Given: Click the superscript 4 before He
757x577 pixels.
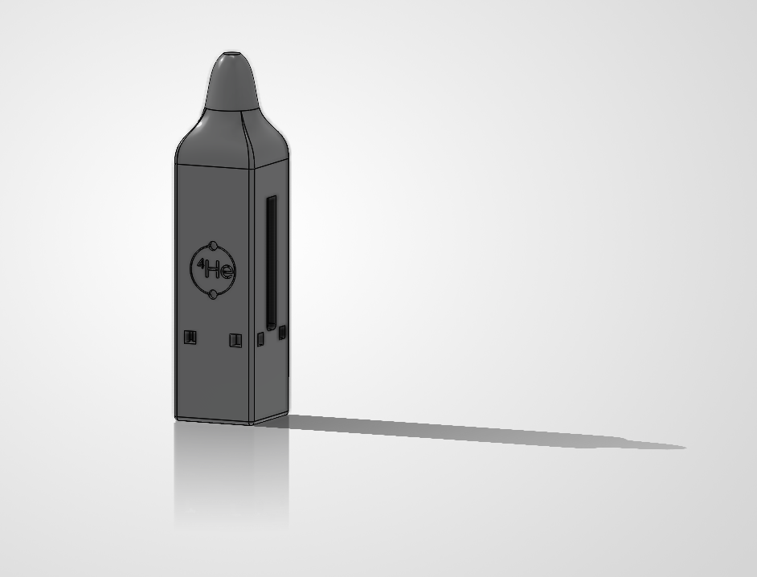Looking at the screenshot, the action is [200, 263].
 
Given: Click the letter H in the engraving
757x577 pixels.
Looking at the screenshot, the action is [212, 269].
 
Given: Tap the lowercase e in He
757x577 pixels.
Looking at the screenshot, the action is [227, 272].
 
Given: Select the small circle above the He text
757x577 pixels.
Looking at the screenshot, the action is [214, 246].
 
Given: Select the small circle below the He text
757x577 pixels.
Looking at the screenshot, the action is [213, 294].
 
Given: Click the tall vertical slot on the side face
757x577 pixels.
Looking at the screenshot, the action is [272, 263].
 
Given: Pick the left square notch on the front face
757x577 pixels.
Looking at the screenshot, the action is [190, 337].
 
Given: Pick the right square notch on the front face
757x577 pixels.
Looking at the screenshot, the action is [235, 341].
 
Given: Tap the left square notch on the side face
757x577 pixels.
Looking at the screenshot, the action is [260, 339].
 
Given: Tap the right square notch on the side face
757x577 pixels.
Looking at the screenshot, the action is [282, 332].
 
